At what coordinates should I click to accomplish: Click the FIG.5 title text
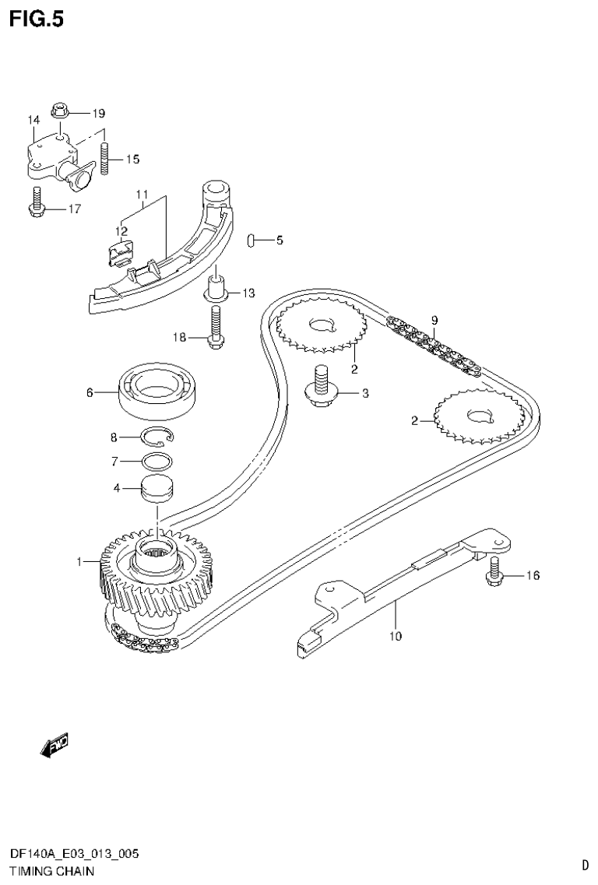click(x=36, y=19)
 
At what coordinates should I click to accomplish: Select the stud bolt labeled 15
click(x=104, y=158)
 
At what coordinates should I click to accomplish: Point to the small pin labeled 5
click(x=252, y=241)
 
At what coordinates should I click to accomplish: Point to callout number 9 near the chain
click(x=434, y=319)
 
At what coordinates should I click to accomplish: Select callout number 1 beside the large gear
click(x=79, y=561)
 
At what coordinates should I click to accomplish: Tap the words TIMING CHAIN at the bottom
click(x=51, y=871)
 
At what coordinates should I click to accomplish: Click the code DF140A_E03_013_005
click(x=74, y=854)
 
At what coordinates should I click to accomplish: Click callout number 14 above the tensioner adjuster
click(x=33, y=119)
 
